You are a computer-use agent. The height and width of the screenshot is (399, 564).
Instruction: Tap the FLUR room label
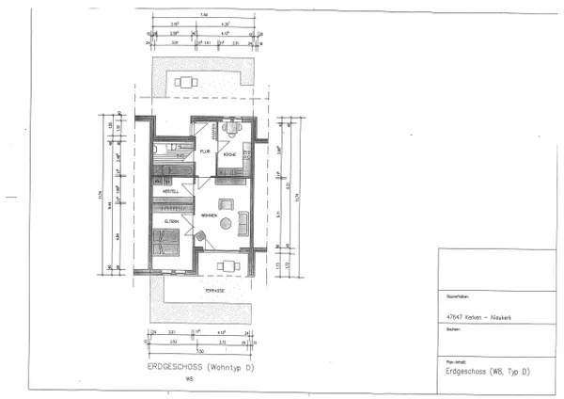(203, 151)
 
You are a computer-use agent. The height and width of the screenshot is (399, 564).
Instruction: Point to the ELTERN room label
(172, 221)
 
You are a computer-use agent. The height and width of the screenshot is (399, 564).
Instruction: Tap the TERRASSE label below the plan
(216, 291)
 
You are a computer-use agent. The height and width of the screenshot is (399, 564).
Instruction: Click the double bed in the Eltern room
(167, 246)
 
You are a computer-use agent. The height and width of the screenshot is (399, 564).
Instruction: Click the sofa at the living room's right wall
(243, 223)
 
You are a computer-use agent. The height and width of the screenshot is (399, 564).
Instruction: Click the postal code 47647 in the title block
(456, 317)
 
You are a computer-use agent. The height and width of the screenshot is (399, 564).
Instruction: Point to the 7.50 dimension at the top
(203, 13)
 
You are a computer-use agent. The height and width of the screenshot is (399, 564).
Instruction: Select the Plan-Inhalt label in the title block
(455, 360)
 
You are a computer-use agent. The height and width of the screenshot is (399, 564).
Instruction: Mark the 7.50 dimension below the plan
(201, 349)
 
